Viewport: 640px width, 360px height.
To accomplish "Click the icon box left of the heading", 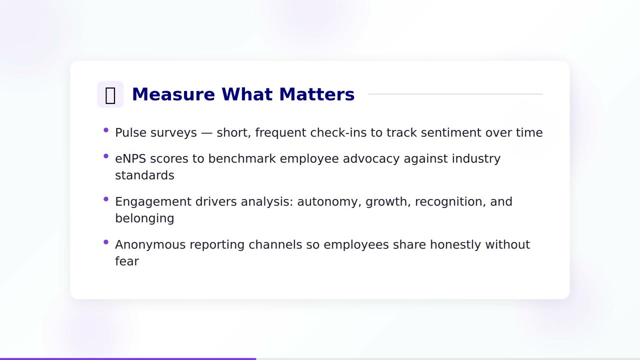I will point(110,94).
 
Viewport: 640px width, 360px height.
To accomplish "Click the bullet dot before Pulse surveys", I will point(106,130).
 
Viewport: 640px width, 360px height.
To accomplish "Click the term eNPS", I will point(130,158).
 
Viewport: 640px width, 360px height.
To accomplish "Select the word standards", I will point(144,175).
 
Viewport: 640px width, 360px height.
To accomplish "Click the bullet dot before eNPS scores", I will point(106,156).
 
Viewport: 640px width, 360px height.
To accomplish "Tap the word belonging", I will point(144,218).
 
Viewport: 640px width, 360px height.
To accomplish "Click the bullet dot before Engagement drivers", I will point(106,199).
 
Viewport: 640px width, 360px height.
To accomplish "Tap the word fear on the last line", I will point(126,261).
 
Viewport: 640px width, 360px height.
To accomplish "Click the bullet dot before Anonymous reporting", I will point(106,242).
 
